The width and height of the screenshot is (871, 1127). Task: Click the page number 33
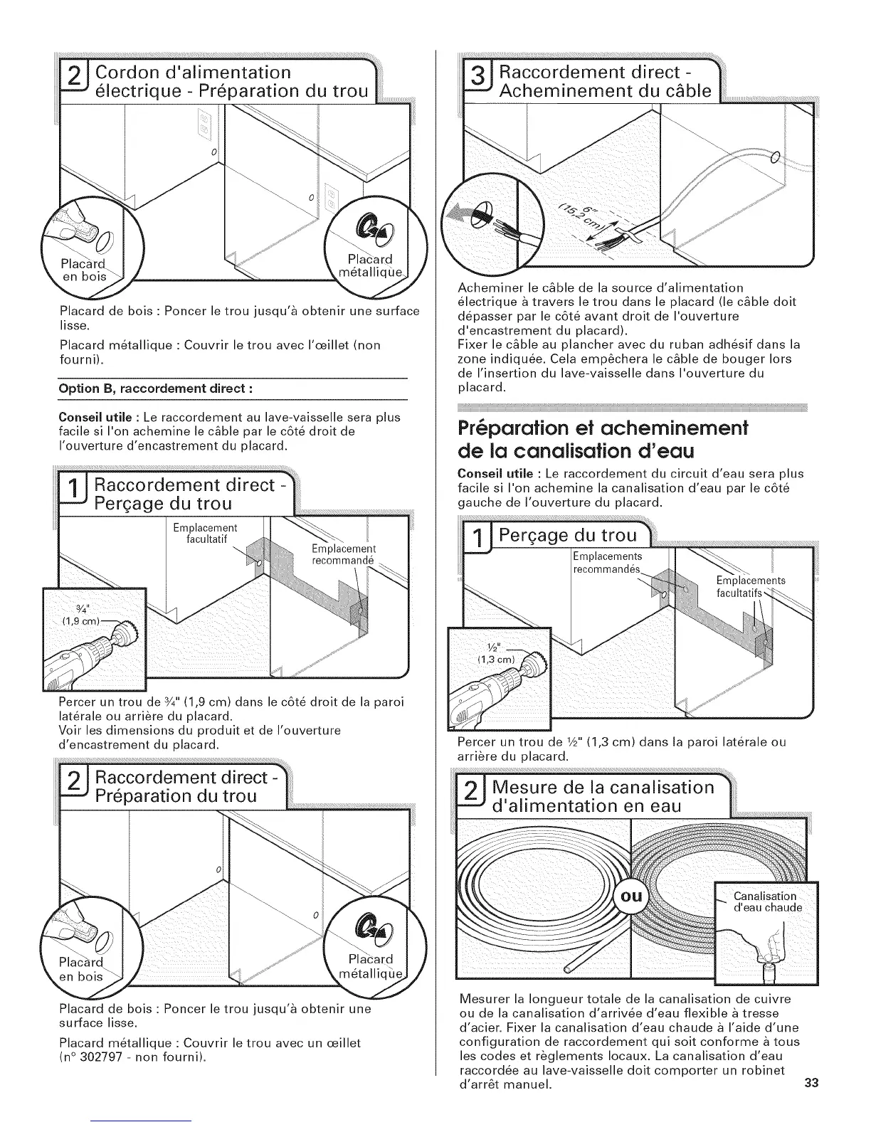pyautogui.click(x=811, y=1084)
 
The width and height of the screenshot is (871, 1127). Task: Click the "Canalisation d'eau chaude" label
pyautogui.click(x=766, y=901)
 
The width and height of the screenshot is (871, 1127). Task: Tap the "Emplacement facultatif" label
pyautogui.click(x=204, y=533)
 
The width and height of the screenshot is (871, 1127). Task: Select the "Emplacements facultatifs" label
pyautogui.click(x=750, y=587)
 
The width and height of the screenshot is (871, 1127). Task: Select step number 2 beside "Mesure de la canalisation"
pyautogui.click(x=473, y=796)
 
